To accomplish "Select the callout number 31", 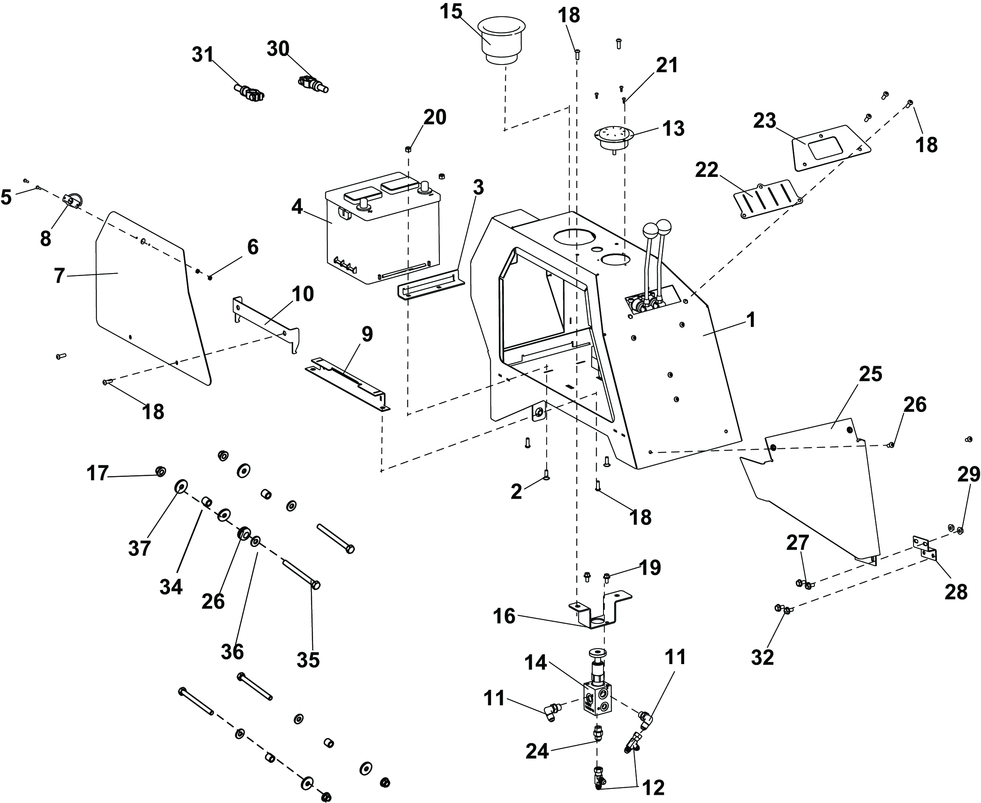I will tap(203, 55).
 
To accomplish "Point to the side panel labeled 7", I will tap(148, 296).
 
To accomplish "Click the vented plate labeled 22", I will tap(767, 199).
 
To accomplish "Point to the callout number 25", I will tap(870, 374).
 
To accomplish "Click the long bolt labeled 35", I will tap(301, 574).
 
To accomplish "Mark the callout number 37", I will tap(140, 549).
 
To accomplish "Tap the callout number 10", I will tap(303, 294).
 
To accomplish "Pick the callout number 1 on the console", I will tap(751, 320).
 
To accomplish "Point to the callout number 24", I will tap(537, 752).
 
